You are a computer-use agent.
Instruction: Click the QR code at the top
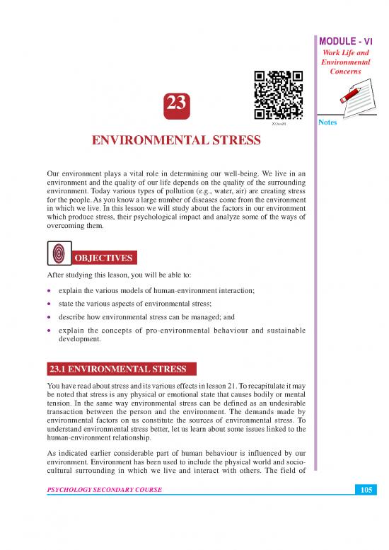(x=278, y=95)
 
